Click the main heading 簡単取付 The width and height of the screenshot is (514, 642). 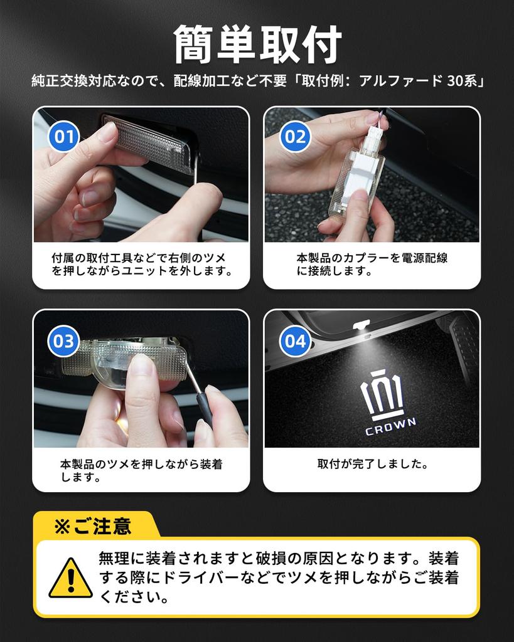pyautogui.click(x=257, y=45)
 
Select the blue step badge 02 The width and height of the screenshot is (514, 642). pyautogui.click(x=295, y=136)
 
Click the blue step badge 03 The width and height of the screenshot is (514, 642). pyautogui.click(x=63, y=341)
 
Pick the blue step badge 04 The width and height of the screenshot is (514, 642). pyautogui.click(x=295, y=341)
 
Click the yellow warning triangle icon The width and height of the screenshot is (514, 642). pyautogui.click(x=70, y=578)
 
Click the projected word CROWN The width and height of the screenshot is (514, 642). pyautogui.click(x=390, y=427)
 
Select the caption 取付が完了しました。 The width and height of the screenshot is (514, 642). pyautogui.click(x=372, y=465)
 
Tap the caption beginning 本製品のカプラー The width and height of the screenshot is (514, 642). pyautogui.click(x=372, y=265)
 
